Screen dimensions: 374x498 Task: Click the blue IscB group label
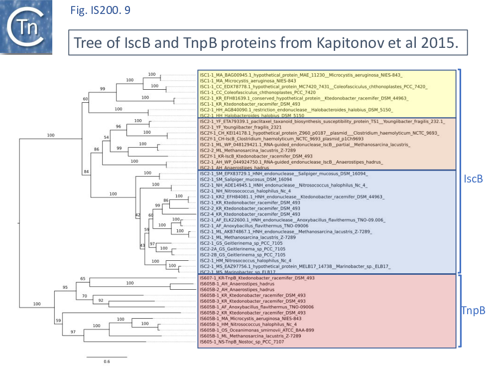[473, 178]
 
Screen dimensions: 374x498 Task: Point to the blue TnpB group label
[473, 311]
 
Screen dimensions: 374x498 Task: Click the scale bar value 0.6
[107, 362]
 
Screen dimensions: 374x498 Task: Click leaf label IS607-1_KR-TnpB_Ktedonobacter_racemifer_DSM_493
[257, 278]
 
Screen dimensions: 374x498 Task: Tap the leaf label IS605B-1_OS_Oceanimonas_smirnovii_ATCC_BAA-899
[257, 330]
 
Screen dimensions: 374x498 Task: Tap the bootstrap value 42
[137, 215]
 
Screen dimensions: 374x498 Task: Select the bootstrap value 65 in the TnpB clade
[83, 279]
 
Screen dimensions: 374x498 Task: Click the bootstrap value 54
[105, 137]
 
